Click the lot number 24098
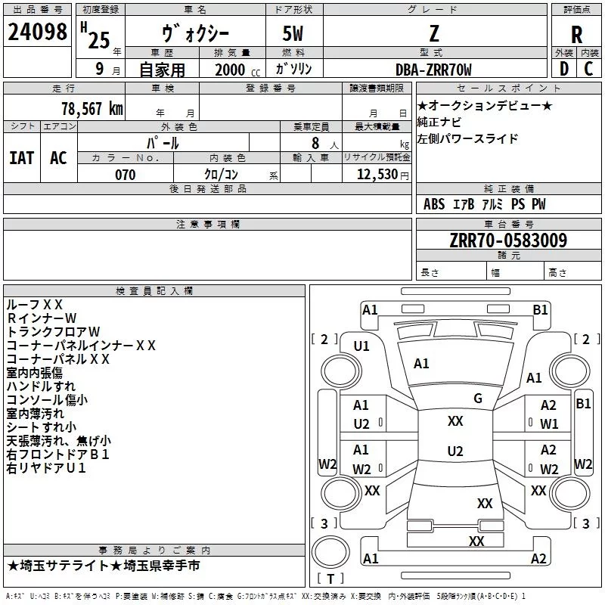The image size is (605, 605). (37, 32)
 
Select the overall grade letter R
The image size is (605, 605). (576, 35)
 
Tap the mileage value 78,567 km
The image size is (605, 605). (92, 109)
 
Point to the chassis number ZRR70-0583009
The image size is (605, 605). (508, 240)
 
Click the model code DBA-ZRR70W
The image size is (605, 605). (433, 70)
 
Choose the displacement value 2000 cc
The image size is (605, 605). (237, 70)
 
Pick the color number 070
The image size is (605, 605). (126, 175)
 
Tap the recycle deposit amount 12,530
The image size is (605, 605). (377, 175)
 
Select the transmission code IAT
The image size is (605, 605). (22, 158)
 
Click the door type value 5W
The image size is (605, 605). (293, 33)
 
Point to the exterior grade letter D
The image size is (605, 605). (564, 69)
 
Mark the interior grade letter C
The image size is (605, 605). (588, 69)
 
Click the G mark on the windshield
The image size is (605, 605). (478, 399)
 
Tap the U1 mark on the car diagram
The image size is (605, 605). (361, 346)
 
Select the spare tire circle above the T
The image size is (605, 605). (330, 552)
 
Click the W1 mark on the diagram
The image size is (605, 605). (549, 424)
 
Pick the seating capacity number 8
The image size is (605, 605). (315, 143)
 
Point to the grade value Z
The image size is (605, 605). (434, 33)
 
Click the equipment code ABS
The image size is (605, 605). (434, 204)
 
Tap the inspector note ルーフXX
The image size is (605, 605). (35, 305)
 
